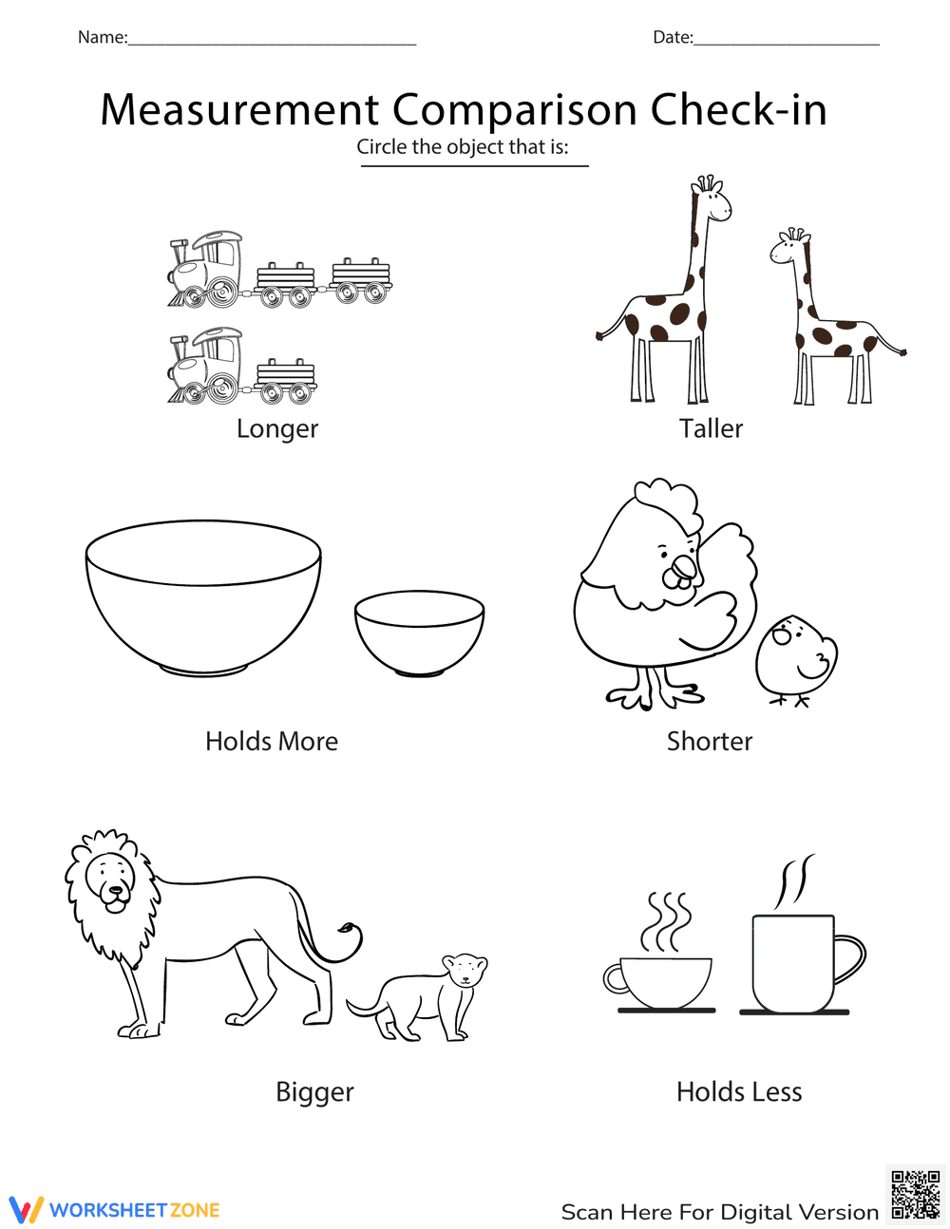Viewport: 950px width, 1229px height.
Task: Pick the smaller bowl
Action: (419, 632)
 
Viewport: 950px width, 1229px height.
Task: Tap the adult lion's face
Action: (113, 879)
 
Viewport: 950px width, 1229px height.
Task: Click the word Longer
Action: (277, 429)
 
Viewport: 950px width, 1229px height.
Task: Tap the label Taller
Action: (711, 429)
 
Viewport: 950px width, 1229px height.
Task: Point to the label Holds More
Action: (272, 742)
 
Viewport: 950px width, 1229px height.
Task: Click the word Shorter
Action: (710, 742)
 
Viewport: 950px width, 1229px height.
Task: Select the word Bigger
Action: (314, 1092)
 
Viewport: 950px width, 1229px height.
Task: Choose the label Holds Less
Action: (739, 1092)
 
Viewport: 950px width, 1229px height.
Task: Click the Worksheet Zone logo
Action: (115, 1210)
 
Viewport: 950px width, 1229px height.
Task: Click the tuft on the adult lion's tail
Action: (349, 929)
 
